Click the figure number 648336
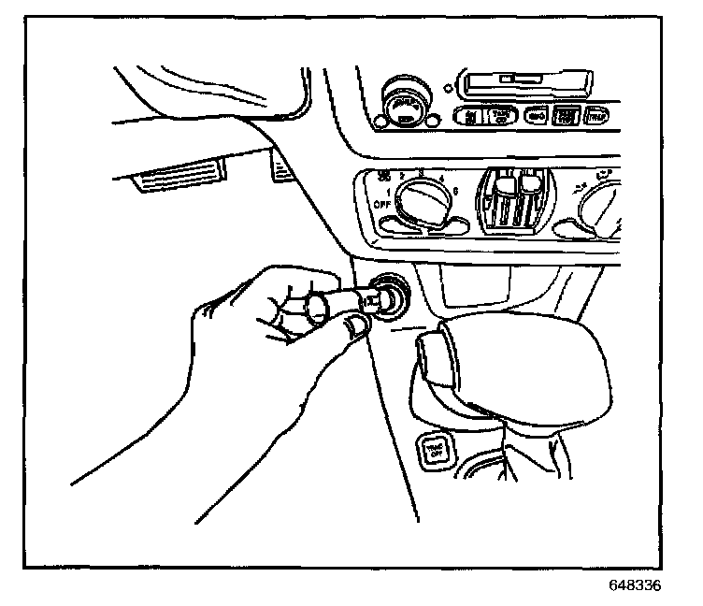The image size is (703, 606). [634, 586]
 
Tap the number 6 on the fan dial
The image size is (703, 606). [454, 191]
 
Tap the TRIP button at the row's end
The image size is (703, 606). [595, 117]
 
